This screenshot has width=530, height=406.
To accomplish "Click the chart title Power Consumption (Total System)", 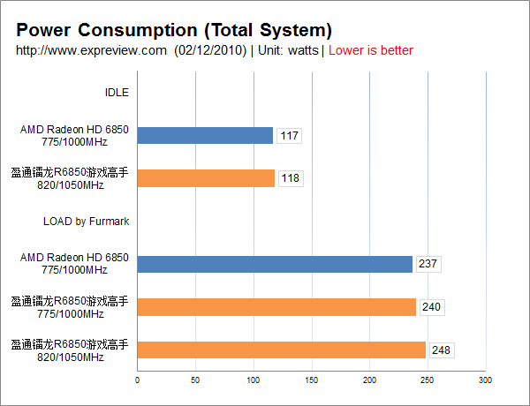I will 174,31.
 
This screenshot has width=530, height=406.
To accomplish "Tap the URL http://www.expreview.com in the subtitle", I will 92,50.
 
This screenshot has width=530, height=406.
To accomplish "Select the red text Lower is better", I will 371,50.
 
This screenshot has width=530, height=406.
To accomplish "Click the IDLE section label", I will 117,92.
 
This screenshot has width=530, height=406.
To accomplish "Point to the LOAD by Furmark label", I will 86,221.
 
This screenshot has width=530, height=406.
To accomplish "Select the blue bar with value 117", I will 205,135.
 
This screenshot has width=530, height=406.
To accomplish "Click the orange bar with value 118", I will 206,178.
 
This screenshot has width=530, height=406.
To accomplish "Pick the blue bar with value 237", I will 275,264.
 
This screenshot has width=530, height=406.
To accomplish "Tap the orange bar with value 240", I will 276,307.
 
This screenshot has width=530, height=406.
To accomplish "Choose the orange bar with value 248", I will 281,350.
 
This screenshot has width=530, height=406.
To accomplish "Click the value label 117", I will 289,136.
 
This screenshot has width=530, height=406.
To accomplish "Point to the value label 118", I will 290,178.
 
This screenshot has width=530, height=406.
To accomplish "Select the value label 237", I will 428,264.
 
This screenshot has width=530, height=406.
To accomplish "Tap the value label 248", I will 441,350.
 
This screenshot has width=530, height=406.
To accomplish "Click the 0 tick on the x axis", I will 137,380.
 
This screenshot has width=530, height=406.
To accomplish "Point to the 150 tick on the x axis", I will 311,380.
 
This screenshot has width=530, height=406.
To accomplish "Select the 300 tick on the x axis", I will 484,380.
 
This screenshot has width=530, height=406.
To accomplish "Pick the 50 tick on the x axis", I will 195,380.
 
